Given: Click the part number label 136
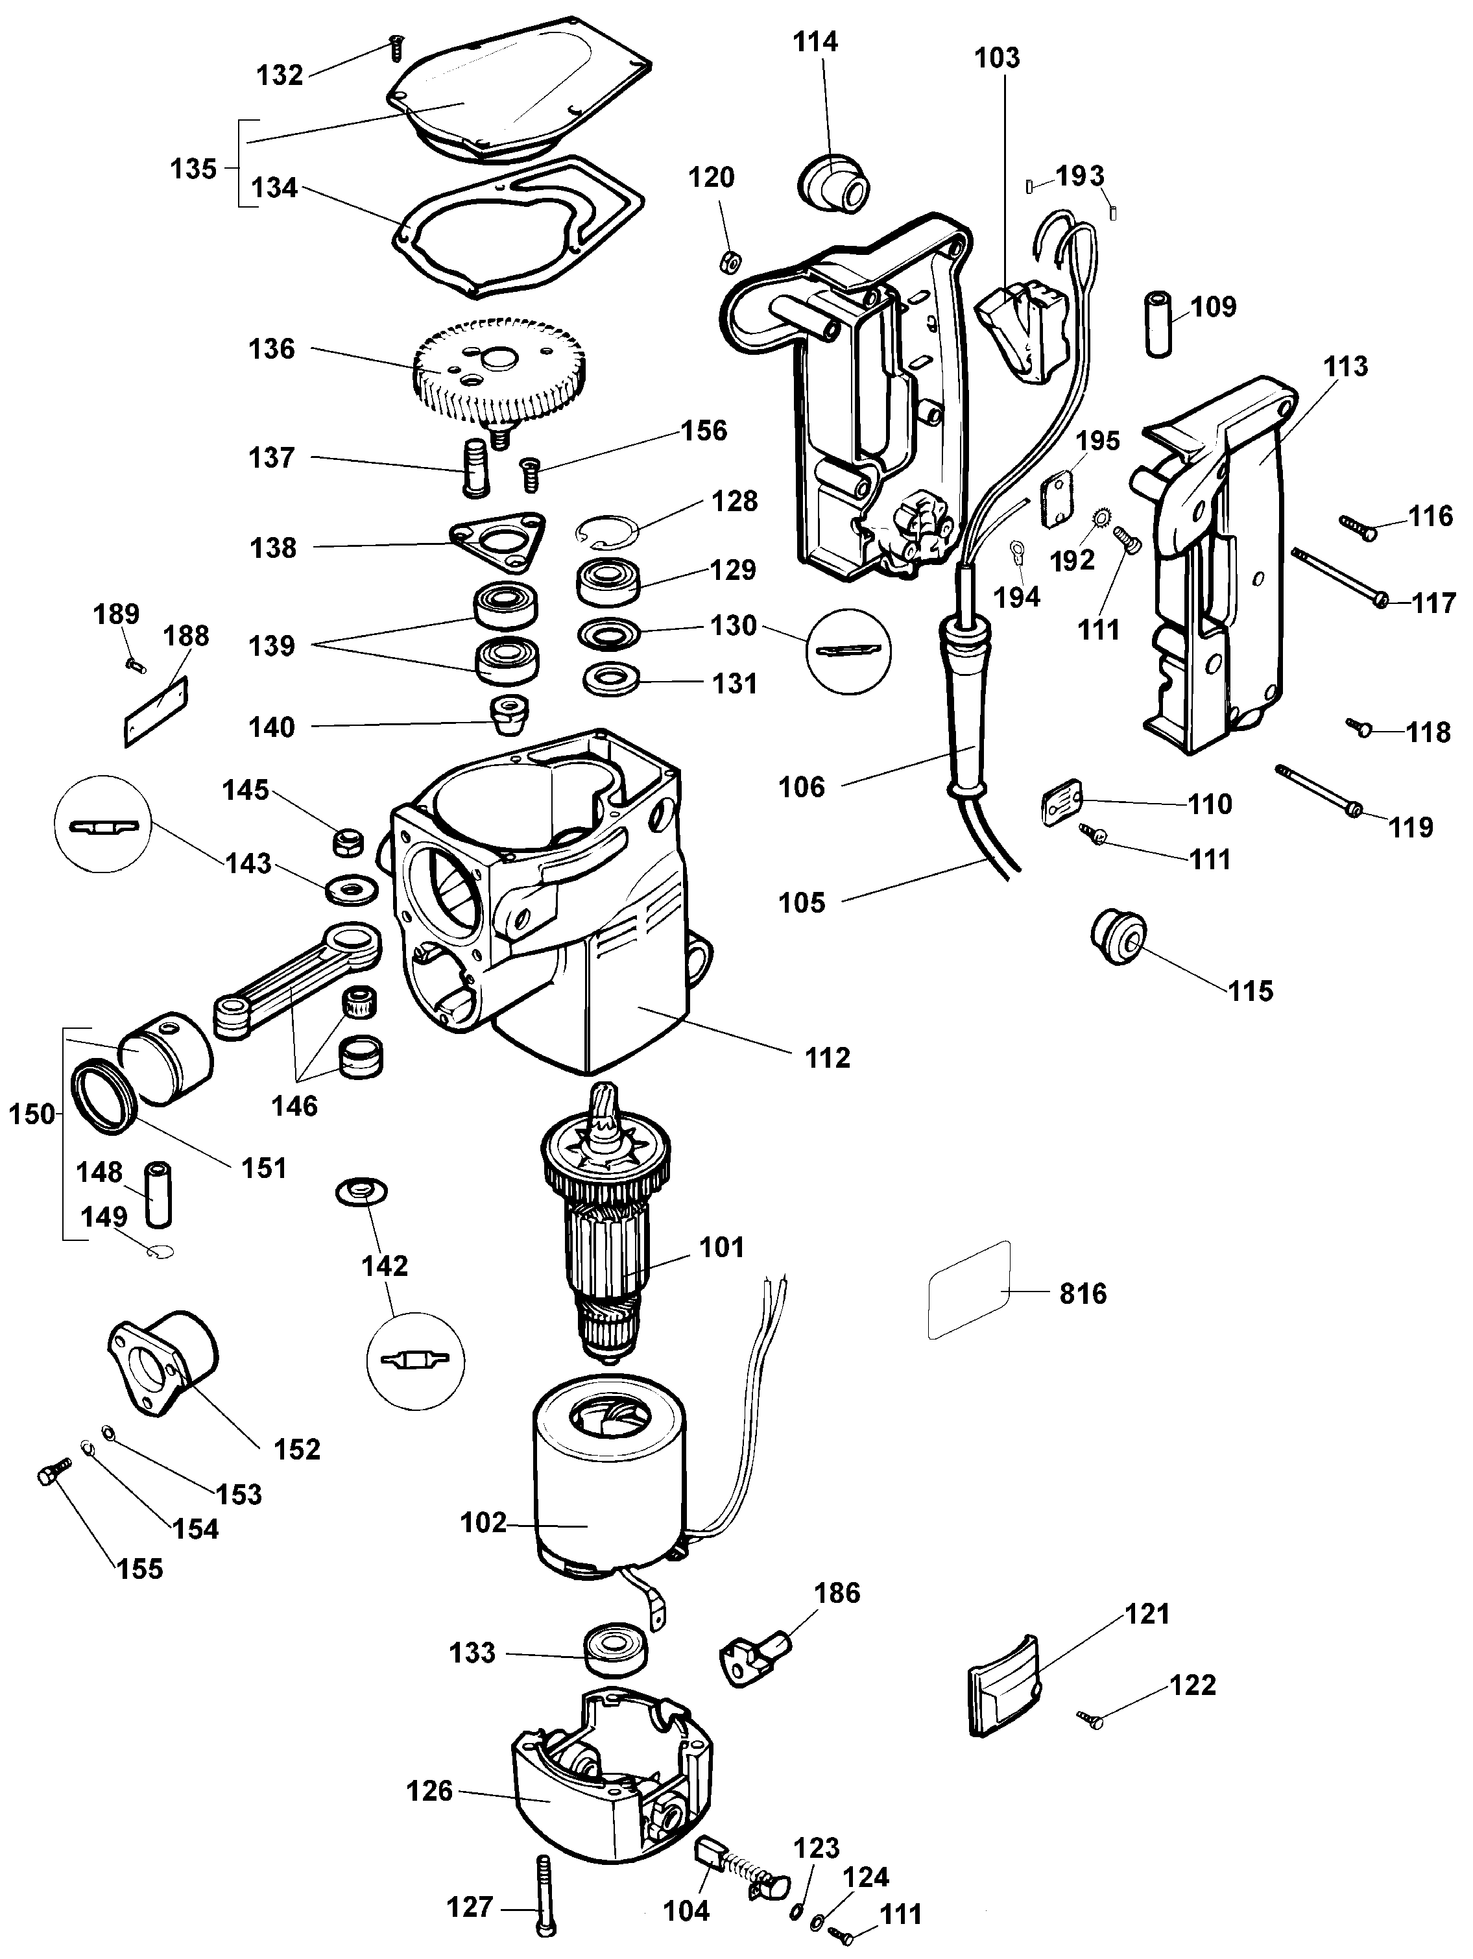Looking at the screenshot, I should [x=271, y=349].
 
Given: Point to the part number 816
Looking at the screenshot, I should [x=1083, y=1294].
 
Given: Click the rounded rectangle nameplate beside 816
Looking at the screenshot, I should [x=968, y=1288].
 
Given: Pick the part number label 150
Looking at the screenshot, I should [x=32, y=1114].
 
